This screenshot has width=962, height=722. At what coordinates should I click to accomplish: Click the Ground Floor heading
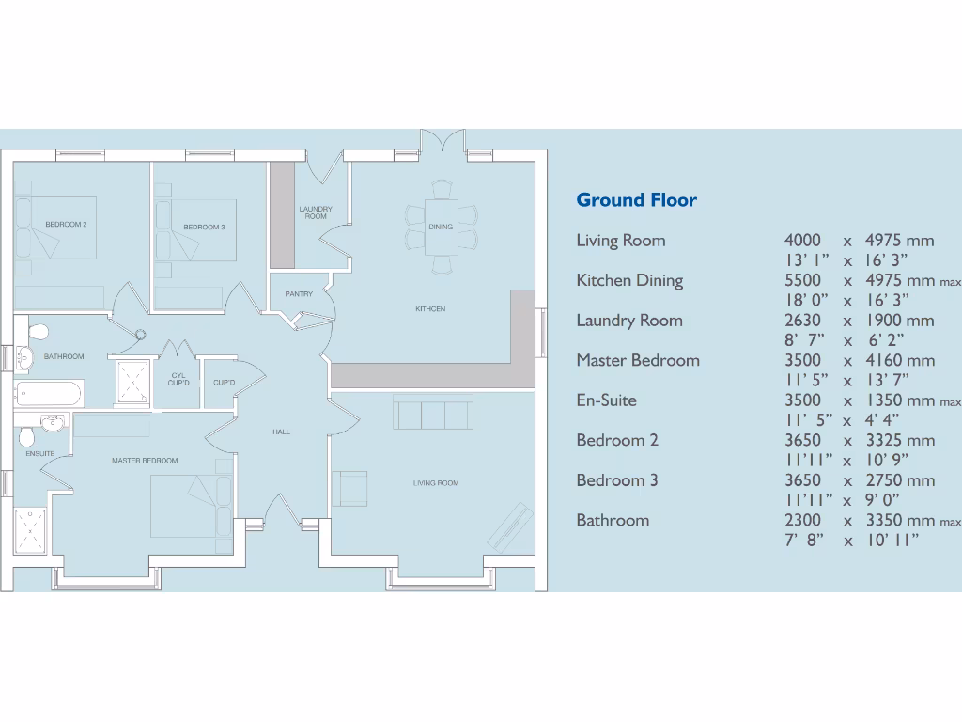click(x=636, y=199)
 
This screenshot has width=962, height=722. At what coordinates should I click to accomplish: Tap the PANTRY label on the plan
click(x=299, y=294)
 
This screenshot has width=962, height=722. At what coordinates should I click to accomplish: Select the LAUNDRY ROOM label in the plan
click(x=316, y=212)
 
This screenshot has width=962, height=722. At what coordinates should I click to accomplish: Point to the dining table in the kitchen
click(x=441, y=227)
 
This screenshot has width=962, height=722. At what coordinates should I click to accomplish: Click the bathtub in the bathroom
click(x=50, y=392)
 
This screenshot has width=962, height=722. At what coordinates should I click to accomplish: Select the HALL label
click(x=281, y=432)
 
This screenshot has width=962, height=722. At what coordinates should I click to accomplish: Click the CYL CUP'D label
click(x=178, y=380)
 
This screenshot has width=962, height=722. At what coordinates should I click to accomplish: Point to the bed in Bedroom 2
click(x=56, y=228)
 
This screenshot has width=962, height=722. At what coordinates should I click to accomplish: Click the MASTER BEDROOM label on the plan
click(x=145, y=461)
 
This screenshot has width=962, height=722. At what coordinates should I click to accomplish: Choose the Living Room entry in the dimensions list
click(x=620, y=241)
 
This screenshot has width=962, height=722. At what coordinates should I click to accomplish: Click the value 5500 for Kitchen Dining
click(x=802, y=280)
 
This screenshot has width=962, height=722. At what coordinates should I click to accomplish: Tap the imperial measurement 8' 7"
click(x=805, y=340)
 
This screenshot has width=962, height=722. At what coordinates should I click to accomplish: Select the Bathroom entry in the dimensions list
click(x=613, y=520)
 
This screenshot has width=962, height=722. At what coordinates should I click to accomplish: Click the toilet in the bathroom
click(x=38, y=332)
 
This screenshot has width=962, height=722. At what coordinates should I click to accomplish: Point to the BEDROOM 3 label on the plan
click(x=204, y=228)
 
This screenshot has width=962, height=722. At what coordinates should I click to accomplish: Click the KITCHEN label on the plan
click(x=430, y=309)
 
